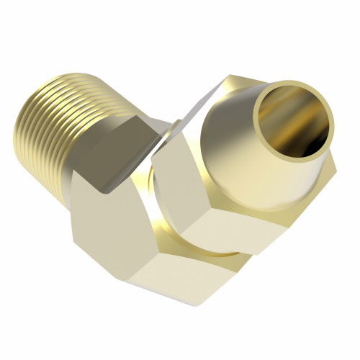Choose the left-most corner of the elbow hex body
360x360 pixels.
[70, 209]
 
